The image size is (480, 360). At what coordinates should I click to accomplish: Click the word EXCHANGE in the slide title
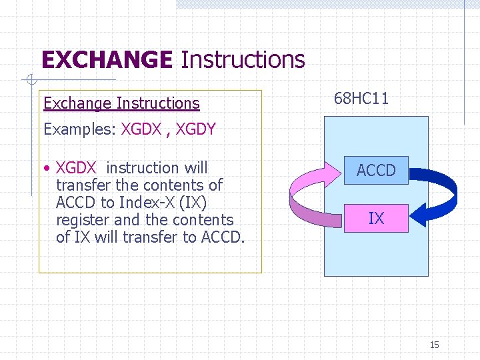point(107,60)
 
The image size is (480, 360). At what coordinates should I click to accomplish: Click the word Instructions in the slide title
point(243,60)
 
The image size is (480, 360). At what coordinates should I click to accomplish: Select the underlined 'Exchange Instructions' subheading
point(121,103)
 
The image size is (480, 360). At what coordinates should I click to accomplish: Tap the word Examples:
point(80,129)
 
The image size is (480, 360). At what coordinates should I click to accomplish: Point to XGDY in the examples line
point(195,129)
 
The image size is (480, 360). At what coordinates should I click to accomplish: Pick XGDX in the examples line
point(141,129)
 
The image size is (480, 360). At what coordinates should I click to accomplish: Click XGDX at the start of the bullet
point(76,168)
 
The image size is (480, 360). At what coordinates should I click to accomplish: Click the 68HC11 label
point(361,99)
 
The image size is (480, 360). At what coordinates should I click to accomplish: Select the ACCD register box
point(376,171)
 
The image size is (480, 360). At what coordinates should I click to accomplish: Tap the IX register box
point(376,218)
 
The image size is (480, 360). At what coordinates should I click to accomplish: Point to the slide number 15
point(434,345)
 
